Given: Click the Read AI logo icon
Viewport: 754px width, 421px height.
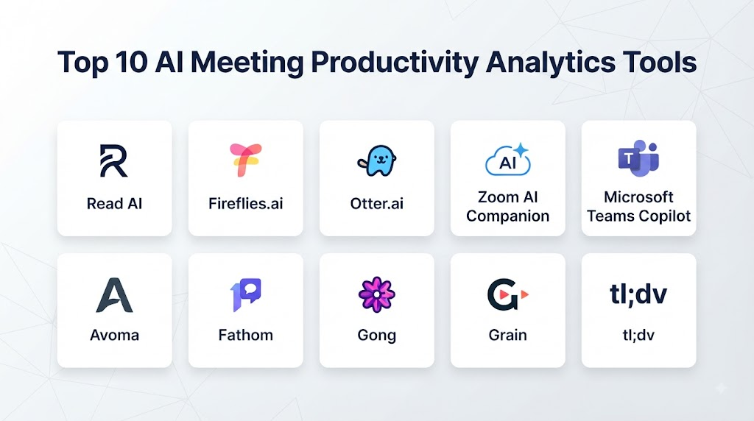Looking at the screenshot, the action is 114,160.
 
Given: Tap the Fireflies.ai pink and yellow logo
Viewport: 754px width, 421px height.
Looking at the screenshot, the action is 246,160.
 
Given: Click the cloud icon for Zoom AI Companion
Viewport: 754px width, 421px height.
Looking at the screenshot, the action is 508,160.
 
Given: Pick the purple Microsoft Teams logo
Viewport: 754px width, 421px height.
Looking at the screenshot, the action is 638,158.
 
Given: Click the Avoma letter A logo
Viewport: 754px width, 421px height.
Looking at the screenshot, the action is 114,295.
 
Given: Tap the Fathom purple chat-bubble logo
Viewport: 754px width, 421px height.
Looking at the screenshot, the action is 246,294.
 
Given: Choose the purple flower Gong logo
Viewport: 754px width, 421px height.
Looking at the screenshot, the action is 376,294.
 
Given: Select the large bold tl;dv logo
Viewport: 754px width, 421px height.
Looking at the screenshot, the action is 638,294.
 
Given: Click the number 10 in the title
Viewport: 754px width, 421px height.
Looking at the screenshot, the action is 131,63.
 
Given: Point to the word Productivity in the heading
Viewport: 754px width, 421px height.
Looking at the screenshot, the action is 395,63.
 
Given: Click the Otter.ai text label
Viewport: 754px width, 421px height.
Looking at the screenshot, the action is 376,204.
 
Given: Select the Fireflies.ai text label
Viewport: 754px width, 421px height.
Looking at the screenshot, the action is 246,204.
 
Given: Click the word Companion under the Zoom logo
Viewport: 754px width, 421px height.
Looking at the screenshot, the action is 508,216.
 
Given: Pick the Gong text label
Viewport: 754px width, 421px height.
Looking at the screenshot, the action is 376,336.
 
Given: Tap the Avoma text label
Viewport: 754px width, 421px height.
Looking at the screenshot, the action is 114,335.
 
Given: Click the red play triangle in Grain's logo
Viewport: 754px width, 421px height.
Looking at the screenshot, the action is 524,294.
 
